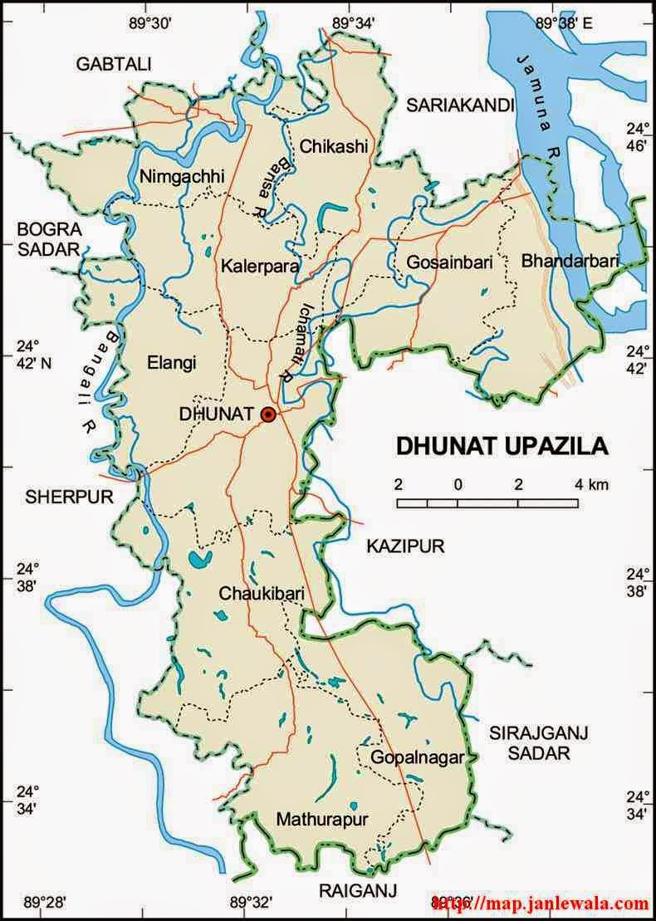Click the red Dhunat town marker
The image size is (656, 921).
[268, 414]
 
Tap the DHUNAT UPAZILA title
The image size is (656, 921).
[502, 446]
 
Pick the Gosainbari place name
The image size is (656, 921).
[449, 262]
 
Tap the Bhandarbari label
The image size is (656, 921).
[570, 261]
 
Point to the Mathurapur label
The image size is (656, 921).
[322, 820]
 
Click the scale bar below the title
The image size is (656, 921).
[487, 502]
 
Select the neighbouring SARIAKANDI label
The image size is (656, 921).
[460, 105]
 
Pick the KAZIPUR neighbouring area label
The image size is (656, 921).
[406, 546]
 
